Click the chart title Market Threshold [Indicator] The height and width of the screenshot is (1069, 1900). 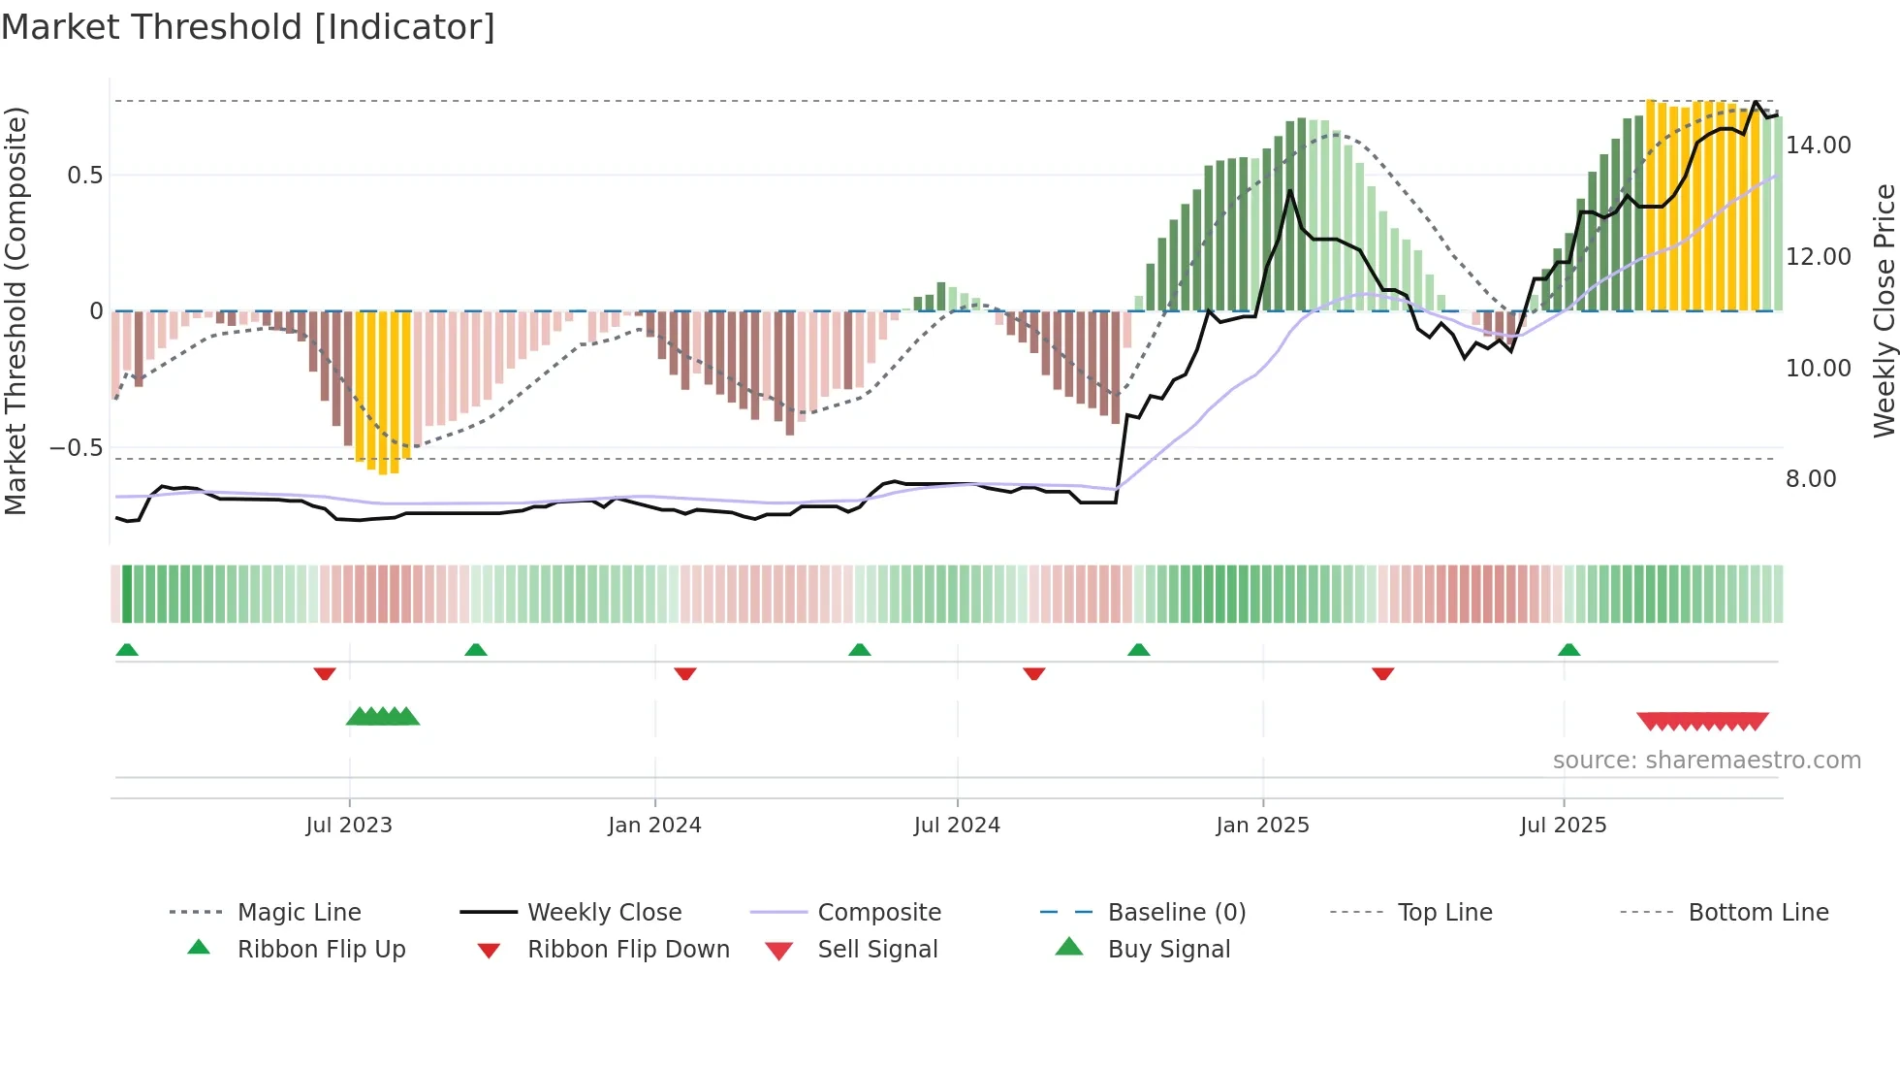tap(248, 27)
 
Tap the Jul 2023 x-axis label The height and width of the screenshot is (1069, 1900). tap(349, 826)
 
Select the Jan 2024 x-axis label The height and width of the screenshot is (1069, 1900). tap(654, 826)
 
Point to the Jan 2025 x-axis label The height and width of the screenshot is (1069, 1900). tap(1262, 826)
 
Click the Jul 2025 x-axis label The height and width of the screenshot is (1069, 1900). tap(1563, 826)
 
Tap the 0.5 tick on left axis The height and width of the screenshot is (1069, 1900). tap(84, 176)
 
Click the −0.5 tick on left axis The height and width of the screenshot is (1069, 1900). tap(76, 448)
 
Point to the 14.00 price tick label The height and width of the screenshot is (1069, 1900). tap(1818, 146)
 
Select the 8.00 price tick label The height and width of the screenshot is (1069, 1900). tap(1810, 479)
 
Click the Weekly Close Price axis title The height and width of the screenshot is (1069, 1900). tap(1884, 310)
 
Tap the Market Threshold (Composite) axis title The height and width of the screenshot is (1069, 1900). tap(16, 310)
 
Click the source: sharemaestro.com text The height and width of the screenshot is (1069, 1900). tap(1706, 761)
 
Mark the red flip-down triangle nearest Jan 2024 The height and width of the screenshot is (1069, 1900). tap(685, 673)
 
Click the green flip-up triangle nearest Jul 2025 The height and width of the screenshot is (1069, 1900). tap(1568, 650)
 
